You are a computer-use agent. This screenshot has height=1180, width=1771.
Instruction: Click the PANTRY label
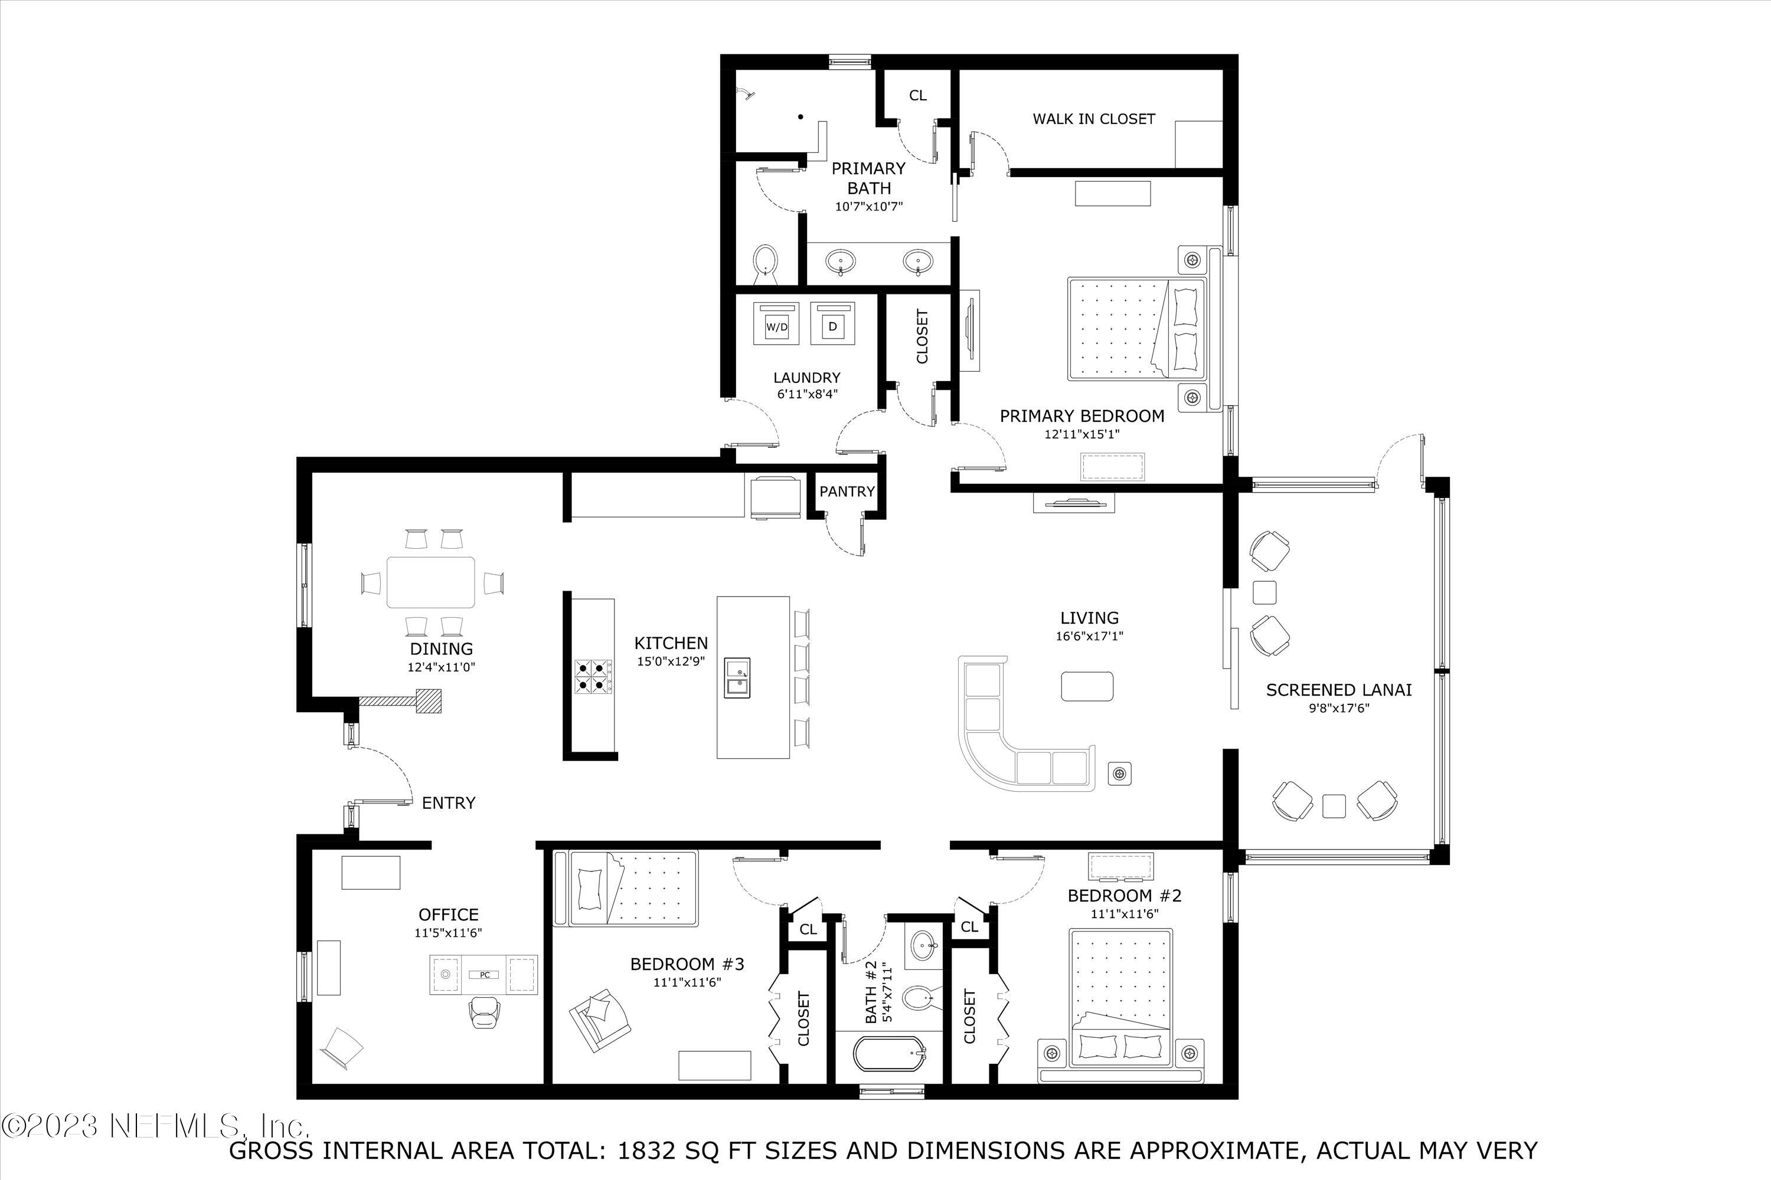point(847,491)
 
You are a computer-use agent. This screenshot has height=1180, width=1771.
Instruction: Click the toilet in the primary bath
point(765,262)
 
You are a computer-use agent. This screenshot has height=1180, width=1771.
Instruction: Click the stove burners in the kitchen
point(593,676)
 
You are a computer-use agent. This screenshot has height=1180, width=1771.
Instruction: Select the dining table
point(431,582)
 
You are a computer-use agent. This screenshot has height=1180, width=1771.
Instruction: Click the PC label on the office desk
point(485,975)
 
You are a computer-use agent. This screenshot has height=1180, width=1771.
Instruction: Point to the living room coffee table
point(1087,686)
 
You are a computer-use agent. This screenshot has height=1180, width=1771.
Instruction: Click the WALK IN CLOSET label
point(1093,119)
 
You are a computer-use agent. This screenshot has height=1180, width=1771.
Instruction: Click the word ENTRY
point(448,803)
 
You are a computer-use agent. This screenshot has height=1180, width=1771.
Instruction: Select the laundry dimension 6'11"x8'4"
point(806,394)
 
